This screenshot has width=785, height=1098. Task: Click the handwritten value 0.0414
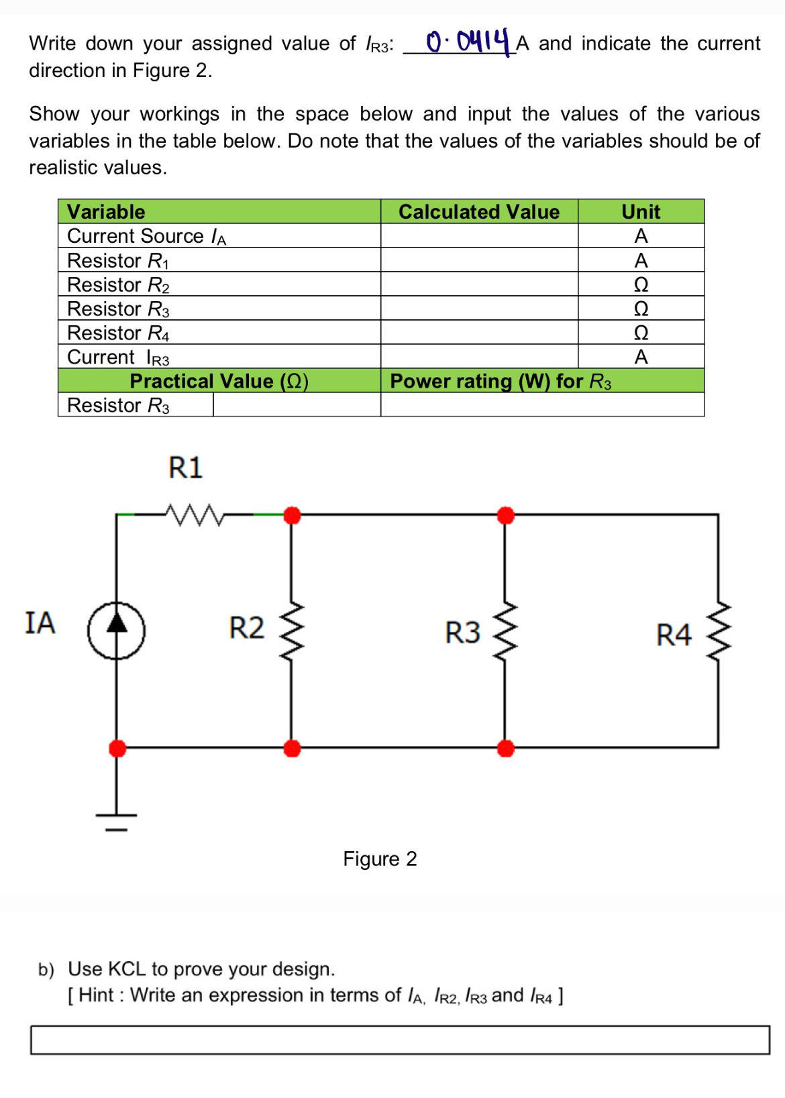(468, 42)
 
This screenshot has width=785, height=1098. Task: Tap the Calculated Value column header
(478, 212)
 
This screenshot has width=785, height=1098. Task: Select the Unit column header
(641, 212)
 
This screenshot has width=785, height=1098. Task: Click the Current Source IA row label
(147, 236)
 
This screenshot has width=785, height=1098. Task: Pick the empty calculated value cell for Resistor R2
(479, 284)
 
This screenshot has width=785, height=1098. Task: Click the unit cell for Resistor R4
(641, 333)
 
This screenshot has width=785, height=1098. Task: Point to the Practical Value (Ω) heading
(219, 381)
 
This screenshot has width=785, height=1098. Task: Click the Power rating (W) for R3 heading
(501, 381)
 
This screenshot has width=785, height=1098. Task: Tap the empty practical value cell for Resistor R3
(297, 405)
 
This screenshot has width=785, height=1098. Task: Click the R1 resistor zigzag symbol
(195, 515)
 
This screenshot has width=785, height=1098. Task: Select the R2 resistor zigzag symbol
(292, 630)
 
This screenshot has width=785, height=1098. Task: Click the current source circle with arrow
(117, 630)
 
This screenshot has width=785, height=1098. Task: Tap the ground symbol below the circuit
(116, 820)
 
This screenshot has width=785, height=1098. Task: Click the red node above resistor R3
(506, 515)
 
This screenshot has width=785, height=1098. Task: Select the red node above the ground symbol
(117, 748)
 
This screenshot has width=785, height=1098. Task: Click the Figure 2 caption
(380, 859)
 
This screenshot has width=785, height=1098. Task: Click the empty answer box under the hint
(400, 1040)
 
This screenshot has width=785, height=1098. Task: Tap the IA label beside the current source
(40, 623)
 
